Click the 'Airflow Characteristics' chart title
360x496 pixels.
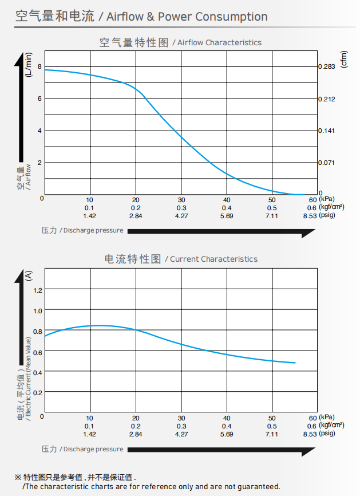219,43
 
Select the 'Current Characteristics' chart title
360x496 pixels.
213,259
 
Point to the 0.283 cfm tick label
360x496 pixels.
327,67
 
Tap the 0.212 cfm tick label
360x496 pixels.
327,99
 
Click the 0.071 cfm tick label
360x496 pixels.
327,163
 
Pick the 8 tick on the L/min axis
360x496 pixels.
39,67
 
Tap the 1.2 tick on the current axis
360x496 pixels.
38,290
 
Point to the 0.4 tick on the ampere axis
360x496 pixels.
38,372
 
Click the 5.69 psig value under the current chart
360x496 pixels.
227,434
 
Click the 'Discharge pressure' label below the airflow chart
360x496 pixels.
93,231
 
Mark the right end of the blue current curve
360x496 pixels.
295,363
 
